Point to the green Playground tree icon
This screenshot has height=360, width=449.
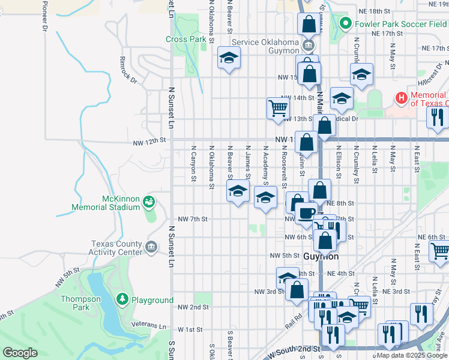point(122,299)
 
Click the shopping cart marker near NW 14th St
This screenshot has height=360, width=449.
point(278,108)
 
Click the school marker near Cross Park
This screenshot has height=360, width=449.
point(229,58)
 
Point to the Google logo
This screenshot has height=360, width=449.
point(20,353)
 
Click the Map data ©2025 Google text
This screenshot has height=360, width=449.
point(411,355)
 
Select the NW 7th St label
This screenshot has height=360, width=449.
point(193,220)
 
